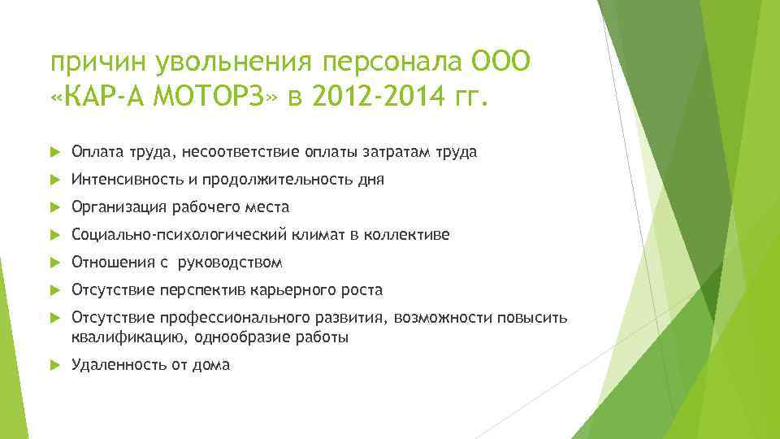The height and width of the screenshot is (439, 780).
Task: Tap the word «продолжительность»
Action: (x=271, y=179)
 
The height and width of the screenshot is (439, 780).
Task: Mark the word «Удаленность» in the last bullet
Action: (x=118, y=365)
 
